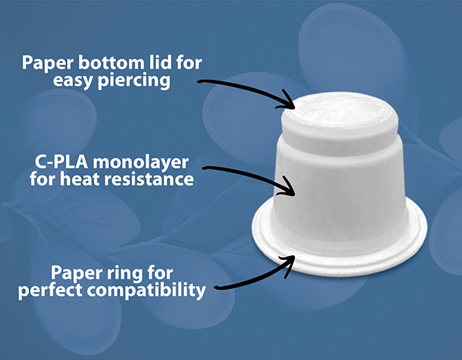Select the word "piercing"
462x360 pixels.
coord(134,80)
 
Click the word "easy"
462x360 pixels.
coord(73,82)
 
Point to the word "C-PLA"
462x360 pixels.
coord(62,162)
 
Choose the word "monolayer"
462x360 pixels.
coord(141,163)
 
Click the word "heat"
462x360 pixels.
coord(77,178)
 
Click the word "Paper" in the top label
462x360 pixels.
coord(48,63)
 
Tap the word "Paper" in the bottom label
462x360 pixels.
coord(75,274)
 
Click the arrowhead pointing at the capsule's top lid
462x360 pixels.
coord(287,102)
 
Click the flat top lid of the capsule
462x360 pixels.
coord(339,110)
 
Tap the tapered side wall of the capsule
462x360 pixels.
coord(339,192)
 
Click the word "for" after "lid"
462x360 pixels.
coord(189,62)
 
